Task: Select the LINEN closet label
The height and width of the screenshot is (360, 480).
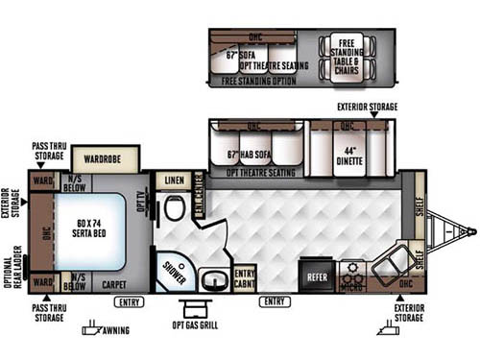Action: click(174, 180)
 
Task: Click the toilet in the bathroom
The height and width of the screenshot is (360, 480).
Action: click(174, 208)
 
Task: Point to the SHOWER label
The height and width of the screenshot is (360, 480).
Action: click(174, 270)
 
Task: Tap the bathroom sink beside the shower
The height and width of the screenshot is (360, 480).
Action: click(211, 281)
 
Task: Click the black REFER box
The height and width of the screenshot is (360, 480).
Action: click(317, 274)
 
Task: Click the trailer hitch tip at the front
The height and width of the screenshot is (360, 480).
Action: click(471, 231)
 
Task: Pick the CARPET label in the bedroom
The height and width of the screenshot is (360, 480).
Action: click(113, 284)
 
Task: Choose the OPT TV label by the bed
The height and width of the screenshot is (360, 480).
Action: click(141, 204)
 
